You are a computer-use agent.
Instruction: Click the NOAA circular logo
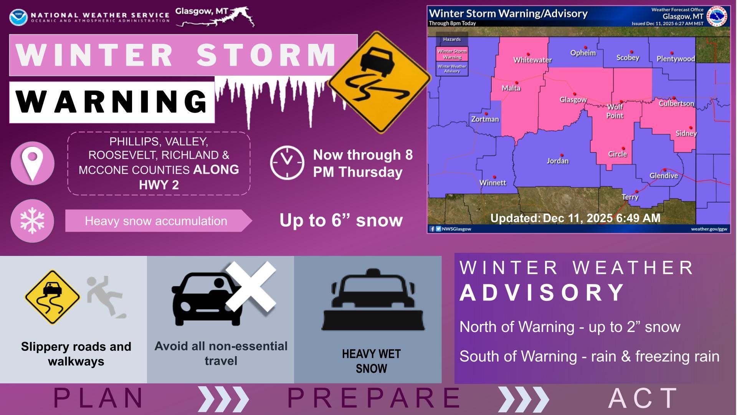tap(18, 18)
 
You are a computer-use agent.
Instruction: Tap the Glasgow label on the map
tap(573, 100)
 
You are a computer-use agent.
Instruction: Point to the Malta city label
tap(511, 88)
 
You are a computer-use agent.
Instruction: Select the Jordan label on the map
tap(558, 161)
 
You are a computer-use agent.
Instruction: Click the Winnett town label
tap(493, 183)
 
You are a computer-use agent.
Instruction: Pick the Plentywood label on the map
tap(676, 59)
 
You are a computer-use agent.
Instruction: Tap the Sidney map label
tap(686, 133)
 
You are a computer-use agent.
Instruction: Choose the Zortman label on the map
tap(485, 119)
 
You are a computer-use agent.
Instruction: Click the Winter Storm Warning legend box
tap(452, 54)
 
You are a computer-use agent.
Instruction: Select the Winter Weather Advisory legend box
tap(452, 69)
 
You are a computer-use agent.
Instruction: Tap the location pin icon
tap(33, 164)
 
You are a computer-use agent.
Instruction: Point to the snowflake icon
tap(32, 221)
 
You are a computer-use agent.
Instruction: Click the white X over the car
tap(251, 286)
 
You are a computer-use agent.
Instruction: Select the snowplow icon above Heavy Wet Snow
tap(373, 300)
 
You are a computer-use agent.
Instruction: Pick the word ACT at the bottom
tap(643, 398)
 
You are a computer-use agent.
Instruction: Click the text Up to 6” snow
tap(341, 220)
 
